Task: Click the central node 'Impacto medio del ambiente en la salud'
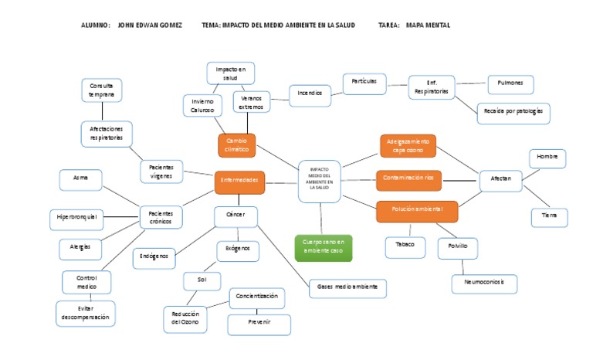(x=319, y=181)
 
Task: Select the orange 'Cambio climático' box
(x=236, y=145)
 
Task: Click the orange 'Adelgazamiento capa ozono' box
(x=408, y=145)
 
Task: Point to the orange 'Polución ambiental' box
(x=417, y=210)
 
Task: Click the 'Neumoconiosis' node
(x=483, y=283)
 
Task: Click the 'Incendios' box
(x=310, y=94)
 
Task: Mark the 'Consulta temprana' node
(x=101, y=90)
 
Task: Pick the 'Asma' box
(x=80, y=179)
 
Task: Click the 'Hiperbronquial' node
(x=77, y=218)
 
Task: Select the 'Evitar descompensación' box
(x=85, y=313)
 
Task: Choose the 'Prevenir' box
(x=259, y=323)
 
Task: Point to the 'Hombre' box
(x=547, y=158)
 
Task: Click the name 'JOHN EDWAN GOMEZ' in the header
(x=150, y=25)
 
